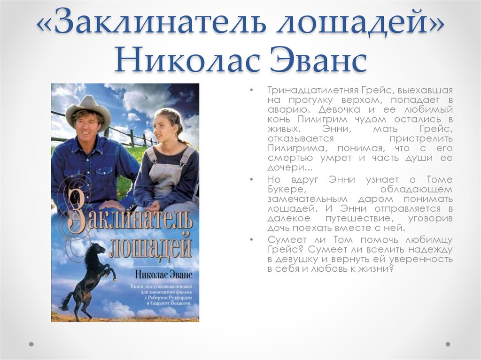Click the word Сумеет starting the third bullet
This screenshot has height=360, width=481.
coord(285,240)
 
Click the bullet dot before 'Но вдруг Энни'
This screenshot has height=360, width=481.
coord(252,180)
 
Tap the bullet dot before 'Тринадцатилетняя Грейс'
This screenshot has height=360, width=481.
coord(252,90)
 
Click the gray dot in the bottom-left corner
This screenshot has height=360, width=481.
coord(31,344)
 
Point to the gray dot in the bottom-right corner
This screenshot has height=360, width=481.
coord(448,344)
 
